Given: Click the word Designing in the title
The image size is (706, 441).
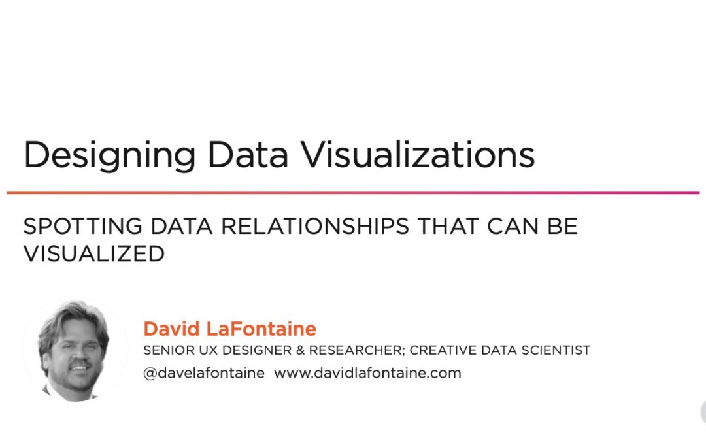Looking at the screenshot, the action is [x=109, y=155].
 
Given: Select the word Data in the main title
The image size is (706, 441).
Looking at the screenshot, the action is [x=248, y=155].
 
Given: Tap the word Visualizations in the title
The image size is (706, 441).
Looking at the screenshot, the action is [x=417, y=154].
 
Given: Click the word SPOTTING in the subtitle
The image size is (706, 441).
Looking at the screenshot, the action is [x=83, y=226].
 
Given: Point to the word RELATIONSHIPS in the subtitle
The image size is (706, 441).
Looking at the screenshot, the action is [x=315, y=226].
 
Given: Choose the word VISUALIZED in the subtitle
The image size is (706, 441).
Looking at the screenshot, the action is [x=94, y=253].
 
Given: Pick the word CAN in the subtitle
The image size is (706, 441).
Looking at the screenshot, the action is [x=513, y=226].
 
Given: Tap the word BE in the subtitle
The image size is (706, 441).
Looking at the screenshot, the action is [x=562, y=226].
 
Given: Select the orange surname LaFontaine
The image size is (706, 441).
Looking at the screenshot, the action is [x=261, y=329].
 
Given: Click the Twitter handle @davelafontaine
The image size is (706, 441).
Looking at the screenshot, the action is [x=204, y=373].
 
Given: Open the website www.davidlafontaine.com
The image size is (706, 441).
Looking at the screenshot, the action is [x=367, y=373].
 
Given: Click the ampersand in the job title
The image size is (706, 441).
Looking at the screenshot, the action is [x=300, y=350].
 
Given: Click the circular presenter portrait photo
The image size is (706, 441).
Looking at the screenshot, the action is [x=75, y=350].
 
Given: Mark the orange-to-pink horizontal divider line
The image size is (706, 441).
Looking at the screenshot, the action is [x=353, y=193].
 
